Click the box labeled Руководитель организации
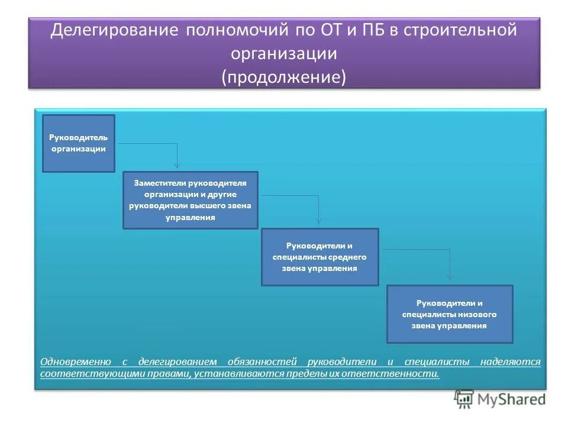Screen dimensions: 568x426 point(78,143)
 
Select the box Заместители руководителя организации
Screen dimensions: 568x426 point(190,200)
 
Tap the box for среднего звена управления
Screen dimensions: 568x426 point(319,257)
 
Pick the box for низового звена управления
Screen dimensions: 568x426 point(450,314)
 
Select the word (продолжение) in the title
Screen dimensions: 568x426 point(284,78)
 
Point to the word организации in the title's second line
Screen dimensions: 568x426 point(284,54)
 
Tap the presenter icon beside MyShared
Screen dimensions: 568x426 point(464,400)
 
